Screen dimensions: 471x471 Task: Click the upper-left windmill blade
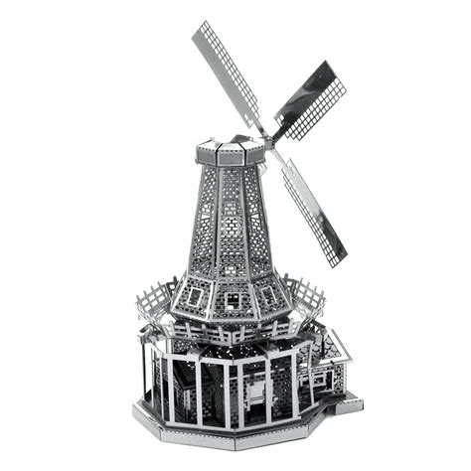(x=227, y=74)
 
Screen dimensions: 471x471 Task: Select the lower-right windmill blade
(x=314, y=212)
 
